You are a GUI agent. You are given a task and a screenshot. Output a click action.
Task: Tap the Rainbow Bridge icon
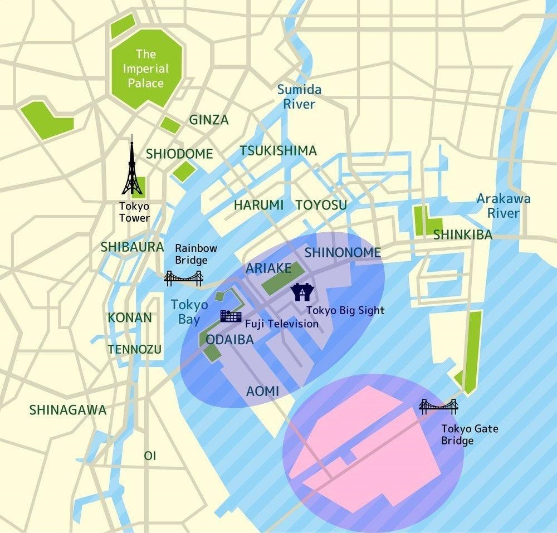183,278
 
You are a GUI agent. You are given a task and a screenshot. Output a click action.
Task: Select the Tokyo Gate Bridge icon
438,407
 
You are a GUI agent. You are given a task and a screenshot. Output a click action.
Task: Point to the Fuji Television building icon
231,316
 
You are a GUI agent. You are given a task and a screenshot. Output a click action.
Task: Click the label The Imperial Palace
146,69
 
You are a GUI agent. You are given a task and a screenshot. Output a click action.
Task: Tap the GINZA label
209,120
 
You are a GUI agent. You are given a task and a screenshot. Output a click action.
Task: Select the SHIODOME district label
179,154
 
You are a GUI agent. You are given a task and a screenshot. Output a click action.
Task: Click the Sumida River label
299,96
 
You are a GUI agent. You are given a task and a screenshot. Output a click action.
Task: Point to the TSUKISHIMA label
278,151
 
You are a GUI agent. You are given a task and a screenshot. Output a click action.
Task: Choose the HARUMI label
258,205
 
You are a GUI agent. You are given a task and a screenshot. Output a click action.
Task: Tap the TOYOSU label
321,205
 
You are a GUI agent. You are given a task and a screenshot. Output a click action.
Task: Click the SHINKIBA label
463,234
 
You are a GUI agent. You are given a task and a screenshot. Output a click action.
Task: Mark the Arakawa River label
503,206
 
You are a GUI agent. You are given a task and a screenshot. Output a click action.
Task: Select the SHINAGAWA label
67,410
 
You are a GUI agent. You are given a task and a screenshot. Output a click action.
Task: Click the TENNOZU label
135,349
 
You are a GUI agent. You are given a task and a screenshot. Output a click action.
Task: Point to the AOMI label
262,391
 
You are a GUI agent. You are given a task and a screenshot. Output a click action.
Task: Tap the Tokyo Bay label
189,312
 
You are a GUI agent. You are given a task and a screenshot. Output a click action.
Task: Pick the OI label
150,456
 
